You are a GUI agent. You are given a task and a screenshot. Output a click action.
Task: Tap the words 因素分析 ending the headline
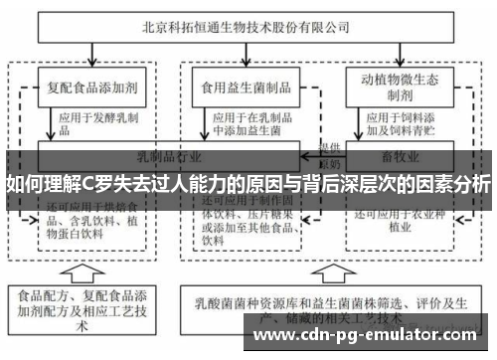[455, 184]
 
